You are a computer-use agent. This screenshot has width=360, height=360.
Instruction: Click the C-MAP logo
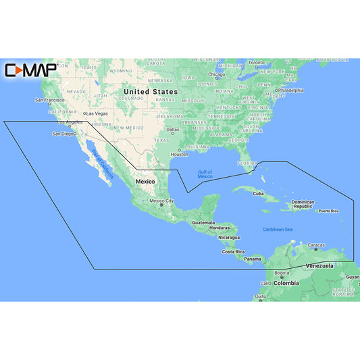pos(30,70)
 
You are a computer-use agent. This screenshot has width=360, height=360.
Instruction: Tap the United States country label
pos(151,91)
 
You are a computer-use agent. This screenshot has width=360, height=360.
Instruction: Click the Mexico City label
pos(161,201)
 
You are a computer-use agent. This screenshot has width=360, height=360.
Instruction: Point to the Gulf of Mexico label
pos(205,174)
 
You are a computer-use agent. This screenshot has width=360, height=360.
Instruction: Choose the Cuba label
pos(257,194)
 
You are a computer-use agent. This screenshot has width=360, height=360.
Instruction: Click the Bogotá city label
pos(282,272)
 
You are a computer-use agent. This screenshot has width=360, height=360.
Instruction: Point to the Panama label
pos(253,259)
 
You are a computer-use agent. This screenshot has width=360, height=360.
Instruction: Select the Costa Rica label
pos(233,252)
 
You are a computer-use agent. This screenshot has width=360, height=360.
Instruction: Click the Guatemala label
pos(203,222)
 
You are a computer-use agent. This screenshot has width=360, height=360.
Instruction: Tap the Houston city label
pos(180,154)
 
